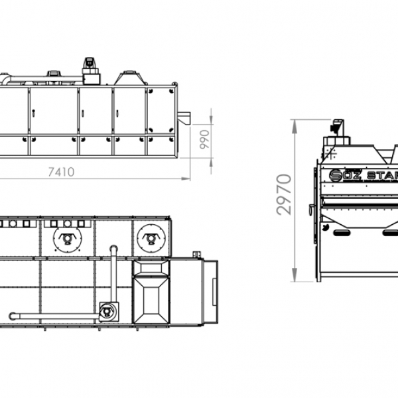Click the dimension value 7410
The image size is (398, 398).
61,172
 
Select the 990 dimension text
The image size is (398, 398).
204,139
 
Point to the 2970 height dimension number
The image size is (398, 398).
285,194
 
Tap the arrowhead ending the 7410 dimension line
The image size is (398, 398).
186,178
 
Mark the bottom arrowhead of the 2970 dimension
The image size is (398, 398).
295,275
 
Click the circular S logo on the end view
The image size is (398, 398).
335,175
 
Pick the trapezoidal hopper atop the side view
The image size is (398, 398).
130,78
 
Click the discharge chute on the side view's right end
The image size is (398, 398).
184,118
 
